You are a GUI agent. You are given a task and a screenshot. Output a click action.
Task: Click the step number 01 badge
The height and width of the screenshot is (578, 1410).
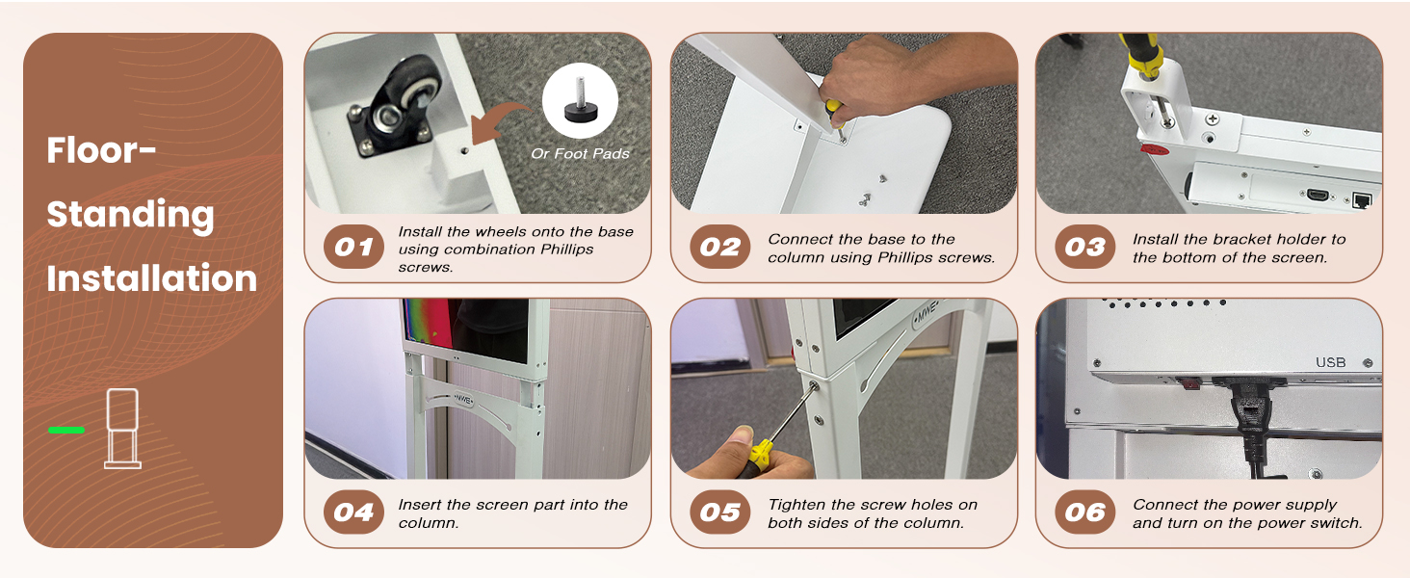point(353,247)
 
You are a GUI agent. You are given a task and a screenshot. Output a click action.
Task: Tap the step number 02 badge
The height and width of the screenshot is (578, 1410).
point(720,247)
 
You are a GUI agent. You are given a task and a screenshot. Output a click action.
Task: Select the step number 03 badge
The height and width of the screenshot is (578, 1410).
point(1085,247)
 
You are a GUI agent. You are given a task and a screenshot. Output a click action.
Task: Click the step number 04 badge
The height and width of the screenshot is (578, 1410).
point(353,512)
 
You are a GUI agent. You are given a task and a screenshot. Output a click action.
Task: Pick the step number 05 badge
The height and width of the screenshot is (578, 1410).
point(720,512)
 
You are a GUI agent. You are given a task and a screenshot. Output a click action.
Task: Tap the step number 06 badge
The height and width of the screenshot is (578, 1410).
point(1085,512)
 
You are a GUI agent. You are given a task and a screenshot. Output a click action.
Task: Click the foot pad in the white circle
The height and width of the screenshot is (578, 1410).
point(581,104)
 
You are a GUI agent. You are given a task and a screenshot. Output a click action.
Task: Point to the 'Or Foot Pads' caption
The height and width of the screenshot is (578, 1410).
point(580,153)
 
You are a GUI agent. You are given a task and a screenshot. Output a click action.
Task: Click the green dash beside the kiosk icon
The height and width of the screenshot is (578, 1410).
point(66,430)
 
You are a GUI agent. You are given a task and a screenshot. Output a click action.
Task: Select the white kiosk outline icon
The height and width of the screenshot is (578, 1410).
point(122,428)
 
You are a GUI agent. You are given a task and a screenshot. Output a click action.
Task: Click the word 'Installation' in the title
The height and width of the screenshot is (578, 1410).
point(152,277)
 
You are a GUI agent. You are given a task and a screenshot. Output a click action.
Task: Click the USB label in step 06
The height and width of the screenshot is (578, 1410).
point(1331,362)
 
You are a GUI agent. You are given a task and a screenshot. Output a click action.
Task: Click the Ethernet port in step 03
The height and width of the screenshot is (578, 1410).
point(1361,200)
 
